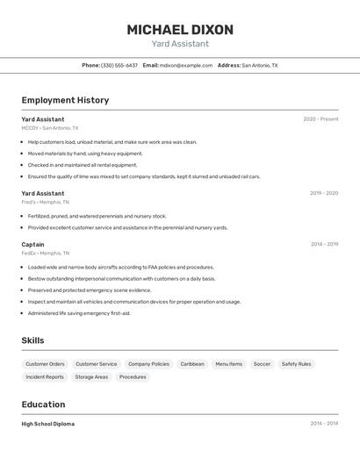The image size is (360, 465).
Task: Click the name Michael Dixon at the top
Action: (x=180, y=30)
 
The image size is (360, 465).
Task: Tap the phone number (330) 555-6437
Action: (x=119, y=65)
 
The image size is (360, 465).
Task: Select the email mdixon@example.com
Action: (x=186, y=65)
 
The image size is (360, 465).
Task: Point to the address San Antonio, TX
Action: (x=259, y=65)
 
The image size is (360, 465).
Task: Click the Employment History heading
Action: (x=65, y=100)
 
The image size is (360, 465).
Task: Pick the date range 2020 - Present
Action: (x=320, y=119)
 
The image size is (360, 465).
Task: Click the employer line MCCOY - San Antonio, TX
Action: (x=50, y=128)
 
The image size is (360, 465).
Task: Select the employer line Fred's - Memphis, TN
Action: (x=46, y=202)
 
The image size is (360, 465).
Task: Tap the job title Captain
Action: (x=32, y=245)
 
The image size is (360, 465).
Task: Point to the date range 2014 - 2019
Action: (x=324, y=245)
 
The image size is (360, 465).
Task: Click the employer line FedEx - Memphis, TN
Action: (x=47, y=253)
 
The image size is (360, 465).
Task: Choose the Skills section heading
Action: (x=33, y=340)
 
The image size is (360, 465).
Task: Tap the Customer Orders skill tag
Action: (x=45, y=364)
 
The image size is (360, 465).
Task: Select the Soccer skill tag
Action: (x=262, y=364)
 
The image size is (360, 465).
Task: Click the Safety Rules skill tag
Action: (x=296, y=364)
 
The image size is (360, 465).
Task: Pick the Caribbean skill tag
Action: (x=192, y=364)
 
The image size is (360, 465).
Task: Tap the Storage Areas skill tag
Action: (x=91, y=377)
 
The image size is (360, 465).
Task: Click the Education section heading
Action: (x=43, y=404)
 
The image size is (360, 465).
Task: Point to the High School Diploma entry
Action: (x=48, y=424)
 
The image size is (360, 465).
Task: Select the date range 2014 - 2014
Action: (x=324, y=424)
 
